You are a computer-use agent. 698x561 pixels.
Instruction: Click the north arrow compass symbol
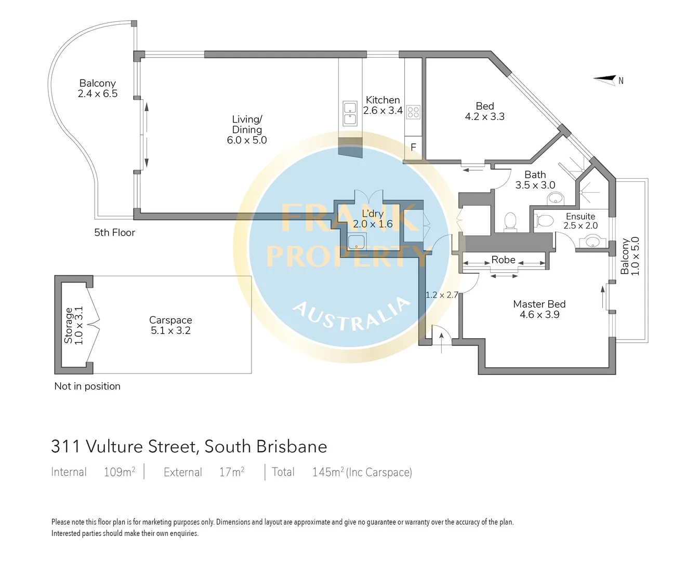(606, 79)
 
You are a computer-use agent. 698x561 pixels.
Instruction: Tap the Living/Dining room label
(246, 130)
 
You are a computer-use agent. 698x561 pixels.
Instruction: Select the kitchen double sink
(350, 113)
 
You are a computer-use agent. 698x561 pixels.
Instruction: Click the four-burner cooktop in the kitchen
(413, 112)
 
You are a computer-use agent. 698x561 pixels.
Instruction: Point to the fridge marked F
(413, 148)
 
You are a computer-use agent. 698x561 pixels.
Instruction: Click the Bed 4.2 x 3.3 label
(484, 111)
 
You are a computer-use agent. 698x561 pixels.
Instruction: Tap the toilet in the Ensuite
(544, 221)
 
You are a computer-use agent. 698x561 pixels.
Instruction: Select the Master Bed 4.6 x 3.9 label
(539, 309)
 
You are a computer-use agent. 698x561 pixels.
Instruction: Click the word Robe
(503, 260)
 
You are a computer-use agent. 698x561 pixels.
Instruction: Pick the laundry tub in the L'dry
(357, 241)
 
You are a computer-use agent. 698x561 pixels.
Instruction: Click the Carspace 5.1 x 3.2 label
(170, 325)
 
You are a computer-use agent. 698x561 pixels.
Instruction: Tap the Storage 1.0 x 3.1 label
(73, 326)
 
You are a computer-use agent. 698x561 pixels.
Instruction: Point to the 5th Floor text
(114, 233)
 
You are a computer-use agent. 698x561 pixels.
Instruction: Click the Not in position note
(87, 386)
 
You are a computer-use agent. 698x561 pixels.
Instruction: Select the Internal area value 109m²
(119, 472)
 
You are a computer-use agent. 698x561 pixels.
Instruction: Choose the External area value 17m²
(231, 472)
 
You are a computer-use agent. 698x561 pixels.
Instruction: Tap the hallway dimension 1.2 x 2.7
(442, 295)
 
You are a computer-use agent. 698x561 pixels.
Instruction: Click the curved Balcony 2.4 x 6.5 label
(97, 88)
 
